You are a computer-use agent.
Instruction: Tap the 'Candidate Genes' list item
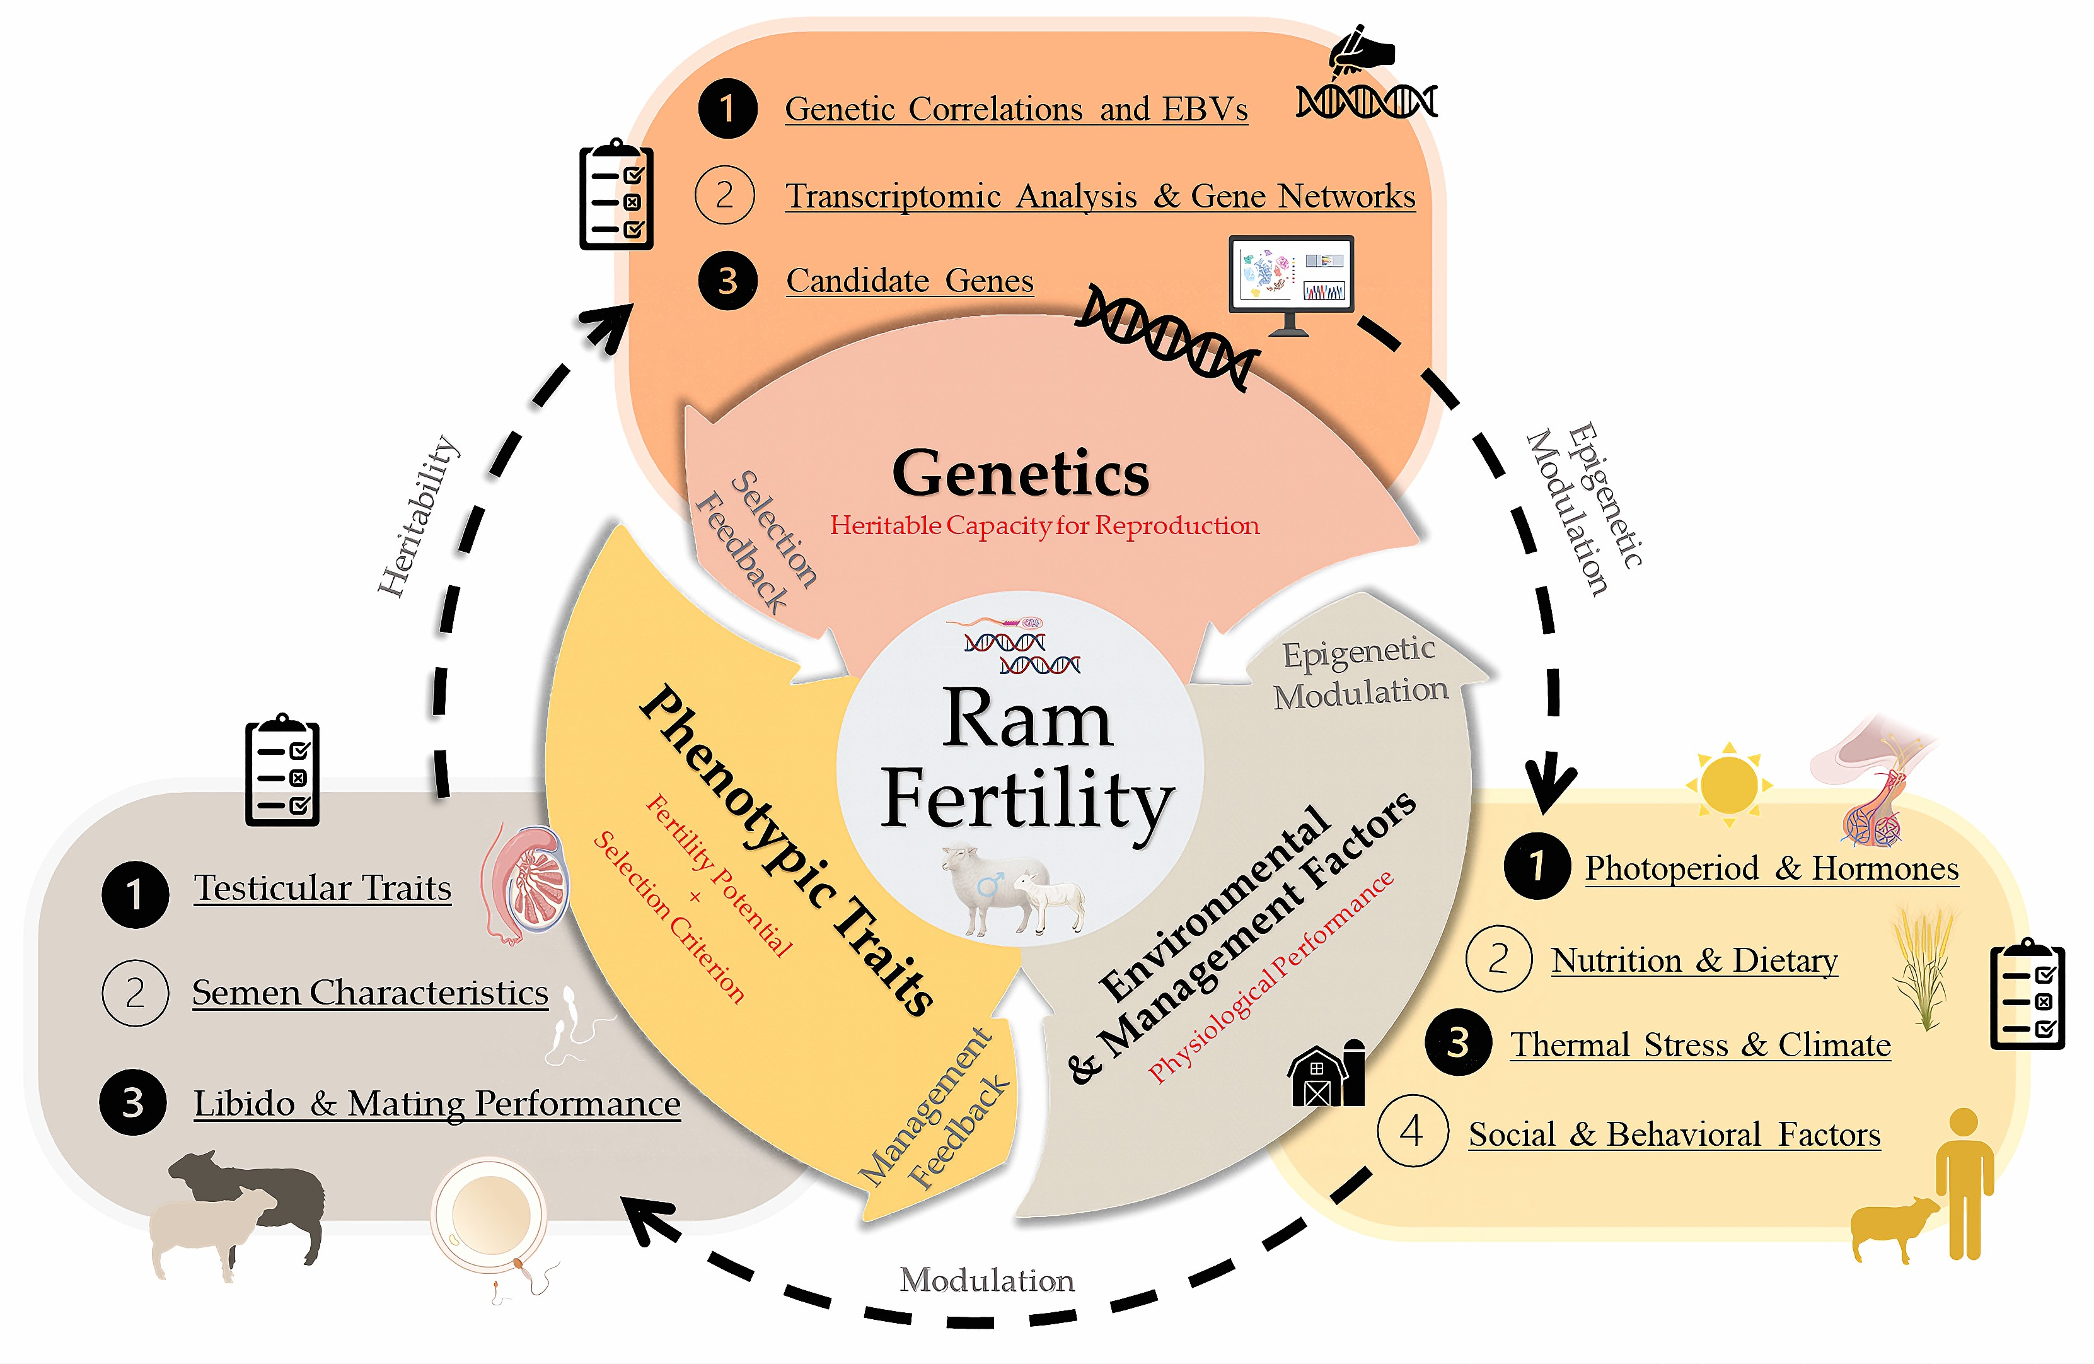[x=910, y=281]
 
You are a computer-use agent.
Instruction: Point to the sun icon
[x=1729, y=783]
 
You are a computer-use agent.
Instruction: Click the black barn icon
[x=1326, y=1072]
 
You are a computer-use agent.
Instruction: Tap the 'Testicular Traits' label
[x=322, y=888]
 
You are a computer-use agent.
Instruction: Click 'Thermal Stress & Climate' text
[x=1701, y=1044]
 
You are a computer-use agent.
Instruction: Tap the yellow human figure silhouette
[x=1964, y=1184]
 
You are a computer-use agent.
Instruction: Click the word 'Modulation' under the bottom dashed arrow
[x=987, y=1280]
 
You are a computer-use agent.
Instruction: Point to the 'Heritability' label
[x=418, y=516]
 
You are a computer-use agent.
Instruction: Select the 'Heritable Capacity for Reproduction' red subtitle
[x=1044, y=525]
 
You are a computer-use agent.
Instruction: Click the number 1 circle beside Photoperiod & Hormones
[x=1537, y=866]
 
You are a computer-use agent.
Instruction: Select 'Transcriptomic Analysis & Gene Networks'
[x=1101, y=195]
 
